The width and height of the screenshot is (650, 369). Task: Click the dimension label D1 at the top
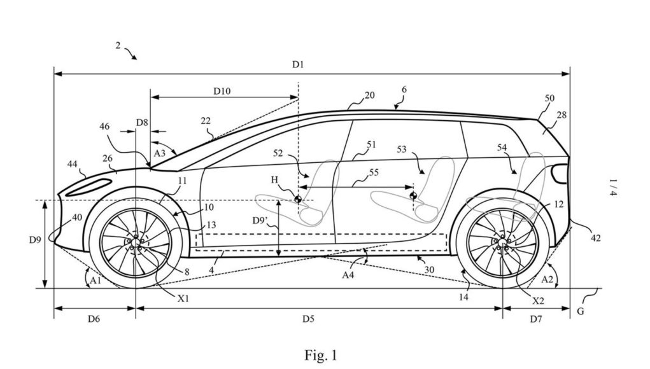point(298,64)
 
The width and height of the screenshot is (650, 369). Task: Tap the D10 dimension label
point(222,91)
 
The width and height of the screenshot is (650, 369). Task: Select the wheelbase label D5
point(308,319)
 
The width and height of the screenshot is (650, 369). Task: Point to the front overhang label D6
point(94,319)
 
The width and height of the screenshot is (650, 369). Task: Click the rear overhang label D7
point(536,319)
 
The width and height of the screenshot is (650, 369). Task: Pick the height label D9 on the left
point(35,239)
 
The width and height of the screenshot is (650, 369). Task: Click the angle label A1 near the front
point(95,281)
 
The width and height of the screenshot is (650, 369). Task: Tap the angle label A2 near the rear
point(548,279)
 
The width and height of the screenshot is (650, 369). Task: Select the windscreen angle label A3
point(160,153)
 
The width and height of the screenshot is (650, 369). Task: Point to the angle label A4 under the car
point(348,274)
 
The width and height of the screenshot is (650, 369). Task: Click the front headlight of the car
point(89,187)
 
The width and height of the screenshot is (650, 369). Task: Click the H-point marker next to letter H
point(297,199)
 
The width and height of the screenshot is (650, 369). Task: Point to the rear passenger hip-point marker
point(413,195)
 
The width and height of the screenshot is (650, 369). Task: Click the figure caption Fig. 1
point(321,356)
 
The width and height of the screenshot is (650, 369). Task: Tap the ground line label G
point(581,311)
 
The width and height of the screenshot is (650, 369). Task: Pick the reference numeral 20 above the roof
point(369,95)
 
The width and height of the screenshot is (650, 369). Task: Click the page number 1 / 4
point(613,188)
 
